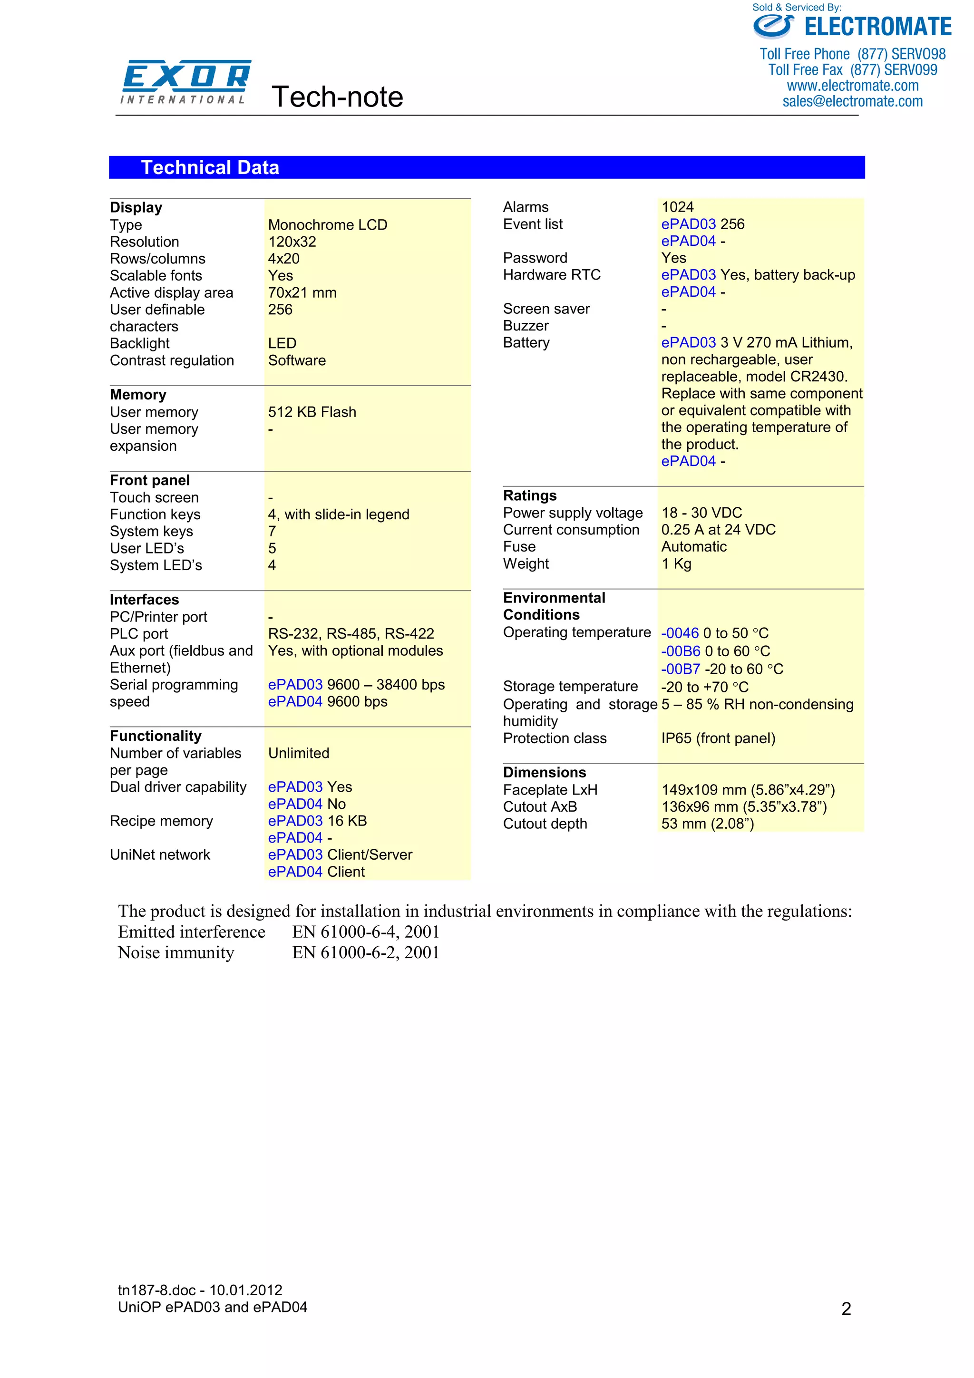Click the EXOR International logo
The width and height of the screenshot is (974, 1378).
click(185, 82)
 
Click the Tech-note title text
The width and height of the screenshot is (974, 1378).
click(337, 97)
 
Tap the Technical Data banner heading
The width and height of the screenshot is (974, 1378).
click(210, 167)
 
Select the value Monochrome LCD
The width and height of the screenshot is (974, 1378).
click(327, 225)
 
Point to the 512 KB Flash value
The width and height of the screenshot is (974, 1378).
click(312, 412)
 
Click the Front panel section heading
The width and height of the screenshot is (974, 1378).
click(149, 480)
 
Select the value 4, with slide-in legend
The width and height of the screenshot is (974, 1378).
click(339, 514)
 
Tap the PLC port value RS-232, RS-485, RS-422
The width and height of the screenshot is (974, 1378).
click(351, 634)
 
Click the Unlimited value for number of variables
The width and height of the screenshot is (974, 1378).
click(298, 753)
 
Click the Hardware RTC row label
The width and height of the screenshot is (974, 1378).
click(552, 275)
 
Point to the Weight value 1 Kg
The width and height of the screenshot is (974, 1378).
click(676, 563)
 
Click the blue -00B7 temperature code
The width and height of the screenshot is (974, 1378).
click(680, 669)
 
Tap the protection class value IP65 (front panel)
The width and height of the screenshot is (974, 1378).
click(718, 738)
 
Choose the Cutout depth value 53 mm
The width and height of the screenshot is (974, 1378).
click(707, 824)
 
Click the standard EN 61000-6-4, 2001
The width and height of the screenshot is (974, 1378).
click(365, 932)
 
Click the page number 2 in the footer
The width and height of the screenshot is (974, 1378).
click(846, 1309)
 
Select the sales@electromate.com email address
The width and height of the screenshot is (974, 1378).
click(852, 101)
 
